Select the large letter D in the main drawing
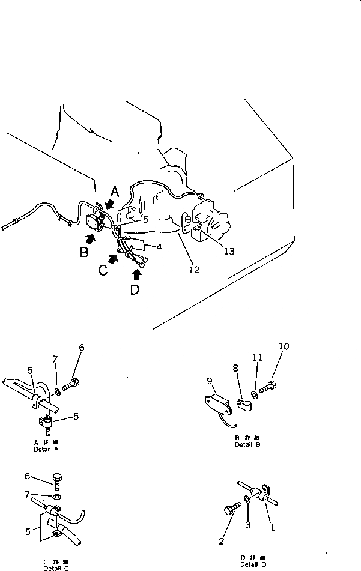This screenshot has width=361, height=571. point(135,290)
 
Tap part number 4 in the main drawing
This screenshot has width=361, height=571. point(159,246)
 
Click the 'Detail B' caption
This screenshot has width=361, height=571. point(248,444)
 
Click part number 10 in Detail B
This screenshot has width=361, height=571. point(284,346)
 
